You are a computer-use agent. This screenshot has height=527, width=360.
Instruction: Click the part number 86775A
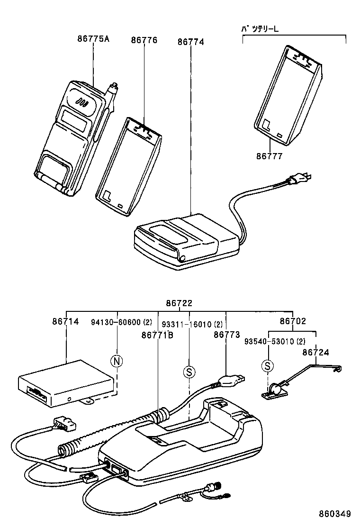point(93,39)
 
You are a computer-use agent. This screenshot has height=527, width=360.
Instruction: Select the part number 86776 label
point(144,41)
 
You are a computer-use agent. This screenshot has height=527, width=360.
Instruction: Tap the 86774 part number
point(190,42)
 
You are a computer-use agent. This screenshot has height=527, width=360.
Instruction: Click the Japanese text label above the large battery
point(260,29)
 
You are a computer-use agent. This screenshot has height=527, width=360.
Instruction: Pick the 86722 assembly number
point(179,303)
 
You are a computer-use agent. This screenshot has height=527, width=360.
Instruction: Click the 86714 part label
point(65,322)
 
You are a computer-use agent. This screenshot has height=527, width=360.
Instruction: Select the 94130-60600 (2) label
point(121,322)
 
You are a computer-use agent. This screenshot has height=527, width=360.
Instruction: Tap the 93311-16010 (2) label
point(192,325)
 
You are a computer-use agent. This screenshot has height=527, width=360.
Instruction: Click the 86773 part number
point(227,335)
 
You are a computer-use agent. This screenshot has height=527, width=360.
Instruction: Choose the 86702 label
point(292,321)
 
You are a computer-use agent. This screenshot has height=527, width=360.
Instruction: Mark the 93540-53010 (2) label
point(275,341)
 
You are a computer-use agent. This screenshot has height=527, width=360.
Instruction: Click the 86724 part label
point(315,353)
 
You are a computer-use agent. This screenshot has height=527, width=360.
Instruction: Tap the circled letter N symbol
point(117,362)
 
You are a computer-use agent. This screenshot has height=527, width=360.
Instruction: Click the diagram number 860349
point(334,514)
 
